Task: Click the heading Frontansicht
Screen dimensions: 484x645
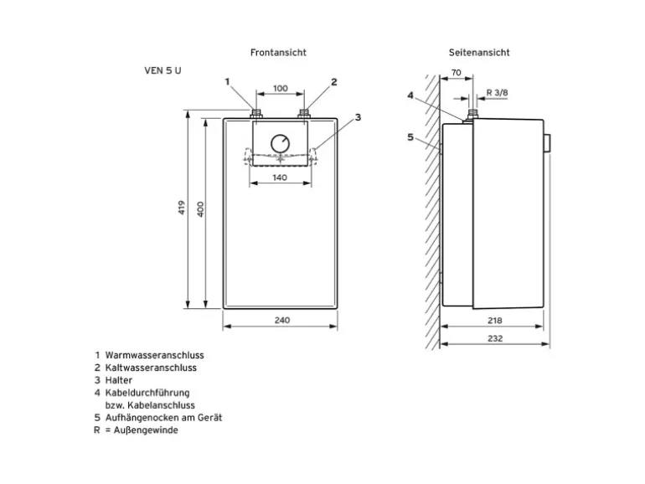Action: (x=278, y=52)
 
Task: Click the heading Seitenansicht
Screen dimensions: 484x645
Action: (x=478, y=52)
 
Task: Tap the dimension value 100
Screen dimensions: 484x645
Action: (x=281, y=88)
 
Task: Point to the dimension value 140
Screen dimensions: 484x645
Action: (x=280, y=178)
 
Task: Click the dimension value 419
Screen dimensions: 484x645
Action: (x=182, y=209)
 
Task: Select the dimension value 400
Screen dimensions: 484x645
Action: (x=200, y=209)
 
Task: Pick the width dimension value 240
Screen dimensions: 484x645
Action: (x=281, y=321)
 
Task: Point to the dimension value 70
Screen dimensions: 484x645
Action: (x=456, y=74)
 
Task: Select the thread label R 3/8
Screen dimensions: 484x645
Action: (x=496, y=92)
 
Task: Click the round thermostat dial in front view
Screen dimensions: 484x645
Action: (x=281, y=142)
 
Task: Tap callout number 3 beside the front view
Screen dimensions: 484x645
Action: (x=357, y=117)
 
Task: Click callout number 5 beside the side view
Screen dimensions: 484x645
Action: (x=410, y=136)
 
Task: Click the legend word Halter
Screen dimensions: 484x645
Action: (x=119, y=380)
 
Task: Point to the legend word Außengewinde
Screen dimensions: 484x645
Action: (x=145, y=430)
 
